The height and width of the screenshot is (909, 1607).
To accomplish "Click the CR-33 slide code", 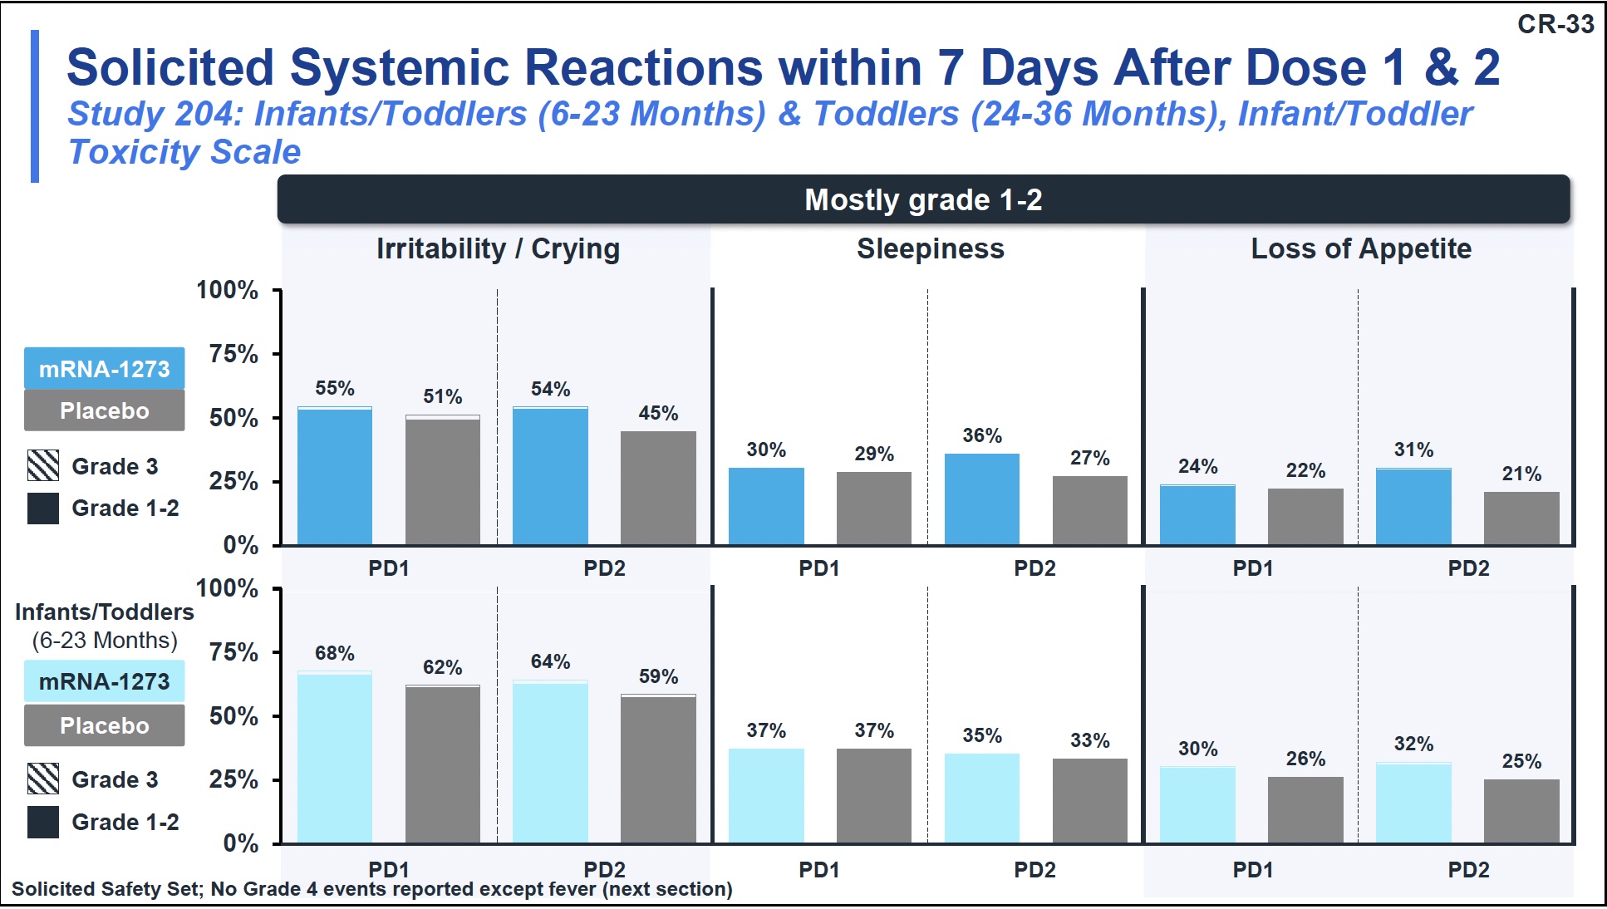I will pos(1555,24).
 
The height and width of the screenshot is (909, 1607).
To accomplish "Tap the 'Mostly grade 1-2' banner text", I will pos(923,200).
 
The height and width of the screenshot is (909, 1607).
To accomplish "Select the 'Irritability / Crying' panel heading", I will pos(498,248).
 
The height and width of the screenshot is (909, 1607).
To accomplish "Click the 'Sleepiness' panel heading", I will pos(931,248).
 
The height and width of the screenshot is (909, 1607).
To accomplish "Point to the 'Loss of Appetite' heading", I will pos(1361,248).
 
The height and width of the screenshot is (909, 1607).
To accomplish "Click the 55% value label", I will pos(335,388).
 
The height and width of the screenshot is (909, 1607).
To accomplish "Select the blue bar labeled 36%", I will pos(982,499).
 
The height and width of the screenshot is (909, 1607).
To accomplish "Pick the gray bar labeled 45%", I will pos(658,488).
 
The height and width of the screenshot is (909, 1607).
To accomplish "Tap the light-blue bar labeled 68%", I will pos(335,756).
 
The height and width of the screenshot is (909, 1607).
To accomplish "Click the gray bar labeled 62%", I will pos(443,764).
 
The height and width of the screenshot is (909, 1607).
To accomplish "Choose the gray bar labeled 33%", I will pos(1090,800).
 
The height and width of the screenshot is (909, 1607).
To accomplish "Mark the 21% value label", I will pos(1521,474).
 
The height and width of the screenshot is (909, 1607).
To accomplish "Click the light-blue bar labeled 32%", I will pos(1413,803).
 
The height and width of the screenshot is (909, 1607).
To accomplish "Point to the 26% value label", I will pos(1305,759).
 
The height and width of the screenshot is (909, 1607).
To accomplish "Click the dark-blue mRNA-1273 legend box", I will pos(105,368).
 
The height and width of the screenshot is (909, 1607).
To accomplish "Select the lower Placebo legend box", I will pos(105,725).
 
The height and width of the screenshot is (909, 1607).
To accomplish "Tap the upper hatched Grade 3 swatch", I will pos(43,466).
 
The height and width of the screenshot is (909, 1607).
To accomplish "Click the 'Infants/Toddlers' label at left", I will pos(105,612).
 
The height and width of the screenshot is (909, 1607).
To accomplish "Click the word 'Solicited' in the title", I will pos(170,67).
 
